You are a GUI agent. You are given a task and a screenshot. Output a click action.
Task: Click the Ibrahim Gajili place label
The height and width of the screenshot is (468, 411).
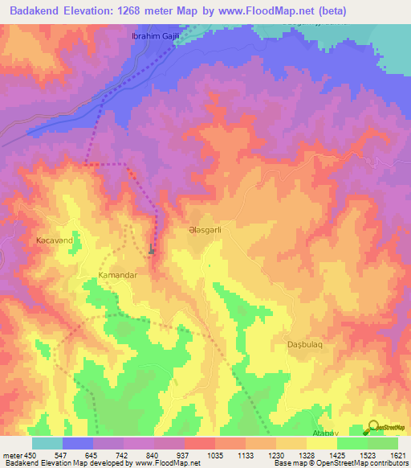pos(153,37)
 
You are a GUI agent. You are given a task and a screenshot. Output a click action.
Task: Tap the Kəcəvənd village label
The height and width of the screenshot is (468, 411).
pos(54,240)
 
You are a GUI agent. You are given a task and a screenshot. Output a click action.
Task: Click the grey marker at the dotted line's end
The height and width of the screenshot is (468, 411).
pos(152,251)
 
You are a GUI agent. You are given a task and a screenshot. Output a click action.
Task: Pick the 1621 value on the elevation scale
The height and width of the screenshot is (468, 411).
pos(397,454)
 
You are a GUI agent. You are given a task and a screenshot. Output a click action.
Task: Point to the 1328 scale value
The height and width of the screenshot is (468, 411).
pos(306,454)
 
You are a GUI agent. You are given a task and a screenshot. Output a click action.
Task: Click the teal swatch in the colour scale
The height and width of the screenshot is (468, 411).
pos(47,443)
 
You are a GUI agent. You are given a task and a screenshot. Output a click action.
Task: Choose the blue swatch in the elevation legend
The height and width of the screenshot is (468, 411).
pos(77,443)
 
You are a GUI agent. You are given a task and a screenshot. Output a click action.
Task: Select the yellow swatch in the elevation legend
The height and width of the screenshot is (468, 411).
pos(321,443)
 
